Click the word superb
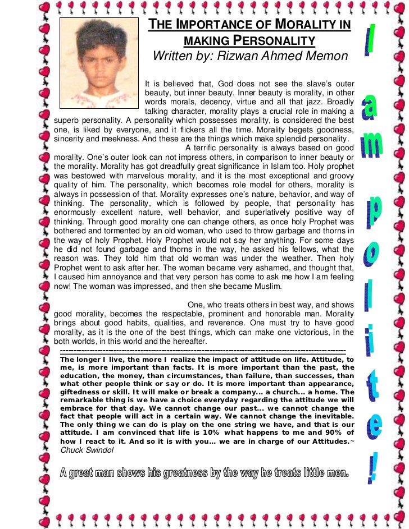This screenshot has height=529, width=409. [x=67, y=120]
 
